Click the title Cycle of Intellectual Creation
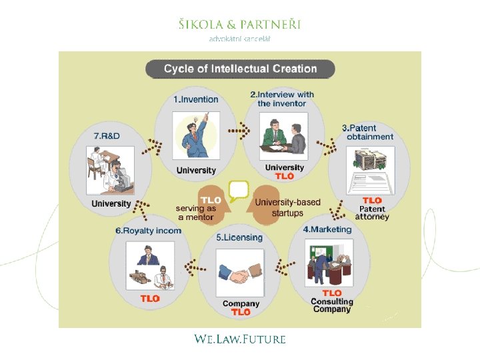(240, 69)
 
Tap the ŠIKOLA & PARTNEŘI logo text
(240, 25)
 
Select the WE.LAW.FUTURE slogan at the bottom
(240, 339)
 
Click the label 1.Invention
(196, 99)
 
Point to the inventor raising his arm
(195, 136)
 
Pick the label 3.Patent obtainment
(369, 132)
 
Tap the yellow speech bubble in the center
(238, 191)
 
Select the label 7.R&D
(107, 136)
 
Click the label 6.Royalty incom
(148, 231)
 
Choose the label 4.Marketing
(327, 229)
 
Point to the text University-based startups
(287, 207)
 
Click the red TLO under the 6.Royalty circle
(150, 299)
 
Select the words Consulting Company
(331, 305)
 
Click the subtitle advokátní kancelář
(240, 39)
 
